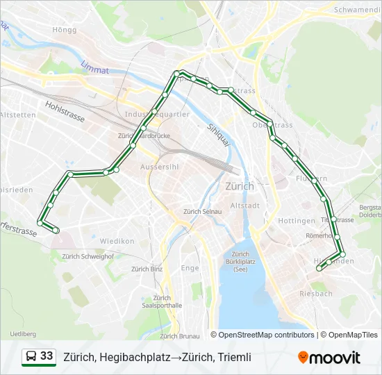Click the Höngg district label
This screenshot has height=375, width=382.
[x=64, y=29]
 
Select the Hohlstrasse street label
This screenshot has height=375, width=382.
[x=65, y=112]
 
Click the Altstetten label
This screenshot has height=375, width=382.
[x=17, y=115]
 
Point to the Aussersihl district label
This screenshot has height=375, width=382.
[x=160, y=167]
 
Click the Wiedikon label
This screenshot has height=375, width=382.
[x=117, y=241]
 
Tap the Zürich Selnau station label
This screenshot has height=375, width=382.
[x=202, y=211]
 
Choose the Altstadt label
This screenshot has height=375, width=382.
[x=244, y=206]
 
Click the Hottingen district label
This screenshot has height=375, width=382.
[x=297, y=221]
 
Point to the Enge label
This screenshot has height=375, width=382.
[x=190, y=267]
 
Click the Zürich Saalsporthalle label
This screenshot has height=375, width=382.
[x=162, y=301]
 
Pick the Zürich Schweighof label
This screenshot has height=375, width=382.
[x=88, y=256]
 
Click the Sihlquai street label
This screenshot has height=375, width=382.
[x=217, y=137]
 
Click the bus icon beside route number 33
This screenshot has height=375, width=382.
[x=31, y=357]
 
